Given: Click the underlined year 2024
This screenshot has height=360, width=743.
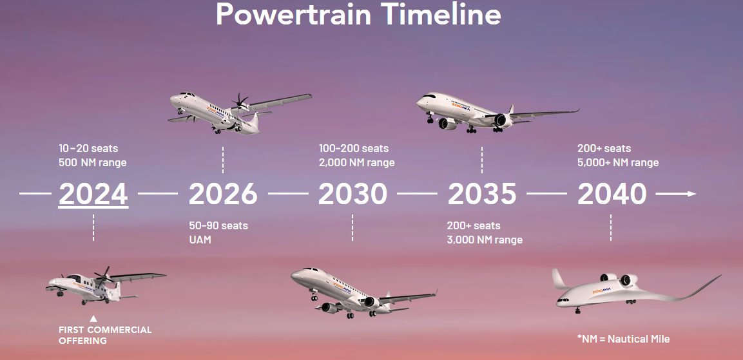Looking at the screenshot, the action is coord(93,194).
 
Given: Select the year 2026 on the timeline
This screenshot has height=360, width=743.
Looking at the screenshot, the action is coord(223,194).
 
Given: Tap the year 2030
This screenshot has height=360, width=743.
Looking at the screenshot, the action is coord(352,194).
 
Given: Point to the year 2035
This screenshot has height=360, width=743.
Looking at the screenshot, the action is coord(482,194).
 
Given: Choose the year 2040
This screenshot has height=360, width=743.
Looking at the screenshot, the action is coord(612,194).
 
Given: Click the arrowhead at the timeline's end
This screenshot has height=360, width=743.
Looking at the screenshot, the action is coord(691,194).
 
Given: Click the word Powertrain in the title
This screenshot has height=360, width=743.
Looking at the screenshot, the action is coord(294,14).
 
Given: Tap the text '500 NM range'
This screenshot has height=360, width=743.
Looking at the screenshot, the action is coord(92,162).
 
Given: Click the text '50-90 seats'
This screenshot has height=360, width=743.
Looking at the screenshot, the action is coord(218,225).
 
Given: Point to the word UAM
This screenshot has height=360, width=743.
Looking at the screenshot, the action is coord(200,240).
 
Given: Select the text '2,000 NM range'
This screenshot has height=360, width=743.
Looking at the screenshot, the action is coord(356,162).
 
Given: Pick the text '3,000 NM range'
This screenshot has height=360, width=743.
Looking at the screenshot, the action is coord(485,240).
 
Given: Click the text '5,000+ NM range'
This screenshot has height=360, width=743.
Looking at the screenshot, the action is coord(618,162).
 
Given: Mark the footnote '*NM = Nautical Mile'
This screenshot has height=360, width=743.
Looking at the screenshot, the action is coord(624,339).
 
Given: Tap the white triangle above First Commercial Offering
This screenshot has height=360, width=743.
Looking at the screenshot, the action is coord(93,319).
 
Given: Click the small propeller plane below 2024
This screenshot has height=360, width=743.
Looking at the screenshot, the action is coord(106,286).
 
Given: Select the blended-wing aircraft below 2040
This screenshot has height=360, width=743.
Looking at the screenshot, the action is coord(635,291).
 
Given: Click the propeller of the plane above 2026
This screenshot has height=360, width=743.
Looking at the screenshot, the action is coord(240,101).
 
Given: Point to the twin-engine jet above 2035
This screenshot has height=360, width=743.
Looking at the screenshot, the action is coord(497,113).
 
